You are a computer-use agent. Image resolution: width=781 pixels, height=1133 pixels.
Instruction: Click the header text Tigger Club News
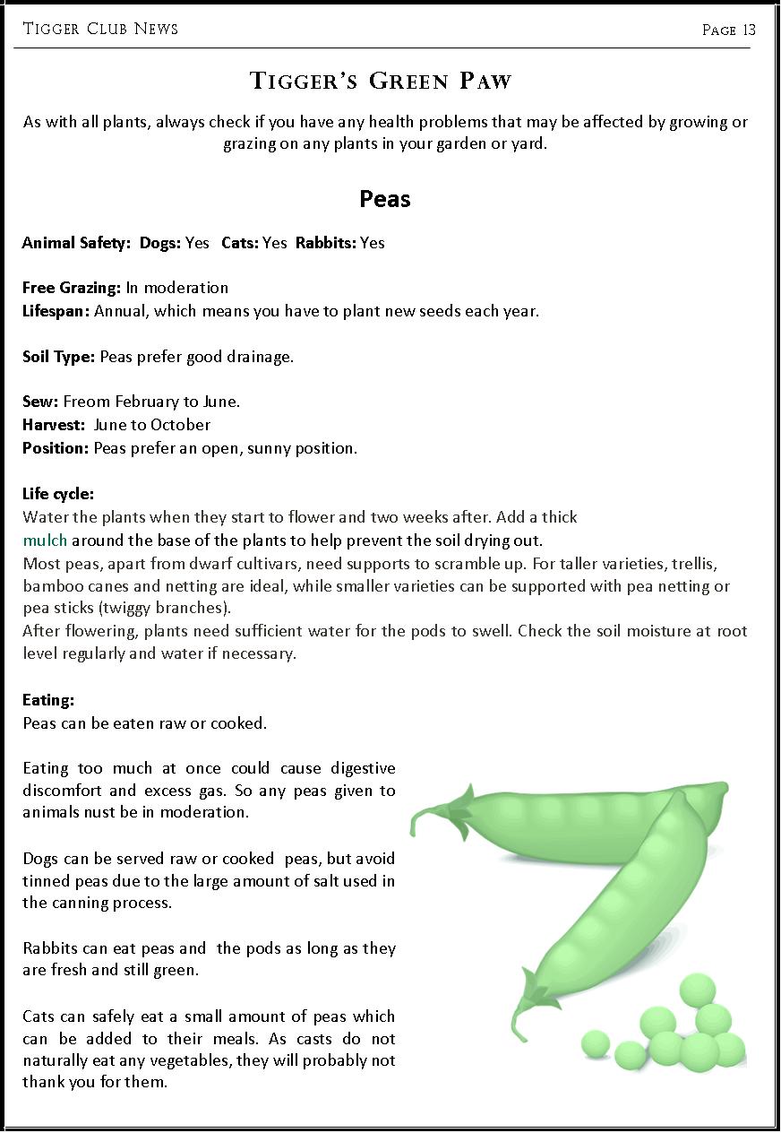pos(100,29)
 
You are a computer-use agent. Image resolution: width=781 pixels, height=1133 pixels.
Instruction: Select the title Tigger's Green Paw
pos(381,82)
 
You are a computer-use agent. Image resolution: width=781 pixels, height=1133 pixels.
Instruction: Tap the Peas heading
pos(385,199)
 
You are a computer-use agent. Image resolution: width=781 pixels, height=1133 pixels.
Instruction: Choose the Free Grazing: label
pos(72,288)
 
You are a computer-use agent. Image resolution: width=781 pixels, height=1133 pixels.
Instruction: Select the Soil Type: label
pos(58,357)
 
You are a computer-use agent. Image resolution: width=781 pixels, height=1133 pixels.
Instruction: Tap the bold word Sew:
pos(40,402)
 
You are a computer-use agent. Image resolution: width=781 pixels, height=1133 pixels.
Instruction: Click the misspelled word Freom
pos(86,402)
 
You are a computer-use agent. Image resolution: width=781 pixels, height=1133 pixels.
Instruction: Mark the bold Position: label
pos(56,448)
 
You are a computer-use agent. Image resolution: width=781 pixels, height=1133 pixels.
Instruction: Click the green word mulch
pos(45,541)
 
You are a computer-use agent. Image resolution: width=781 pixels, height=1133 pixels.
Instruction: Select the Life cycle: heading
pos(58,494)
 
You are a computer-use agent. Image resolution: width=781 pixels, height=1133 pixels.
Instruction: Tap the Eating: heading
pos(48,700)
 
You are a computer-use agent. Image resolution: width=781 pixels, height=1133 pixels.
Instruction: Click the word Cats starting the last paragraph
pos(39,1016)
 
